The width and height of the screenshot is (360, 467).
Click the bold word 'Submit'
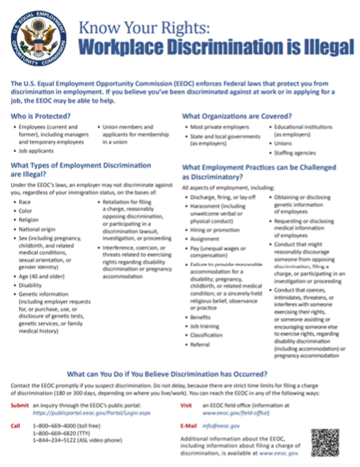(x=20, y=405)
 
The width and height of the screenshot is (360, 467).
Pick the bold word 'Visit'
(x=187, y=405)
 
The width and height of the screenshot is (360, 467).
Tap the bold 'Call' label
(x=16, y=425)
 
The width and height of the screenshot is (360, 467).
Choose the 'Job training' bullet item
(x=206, y=327)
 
